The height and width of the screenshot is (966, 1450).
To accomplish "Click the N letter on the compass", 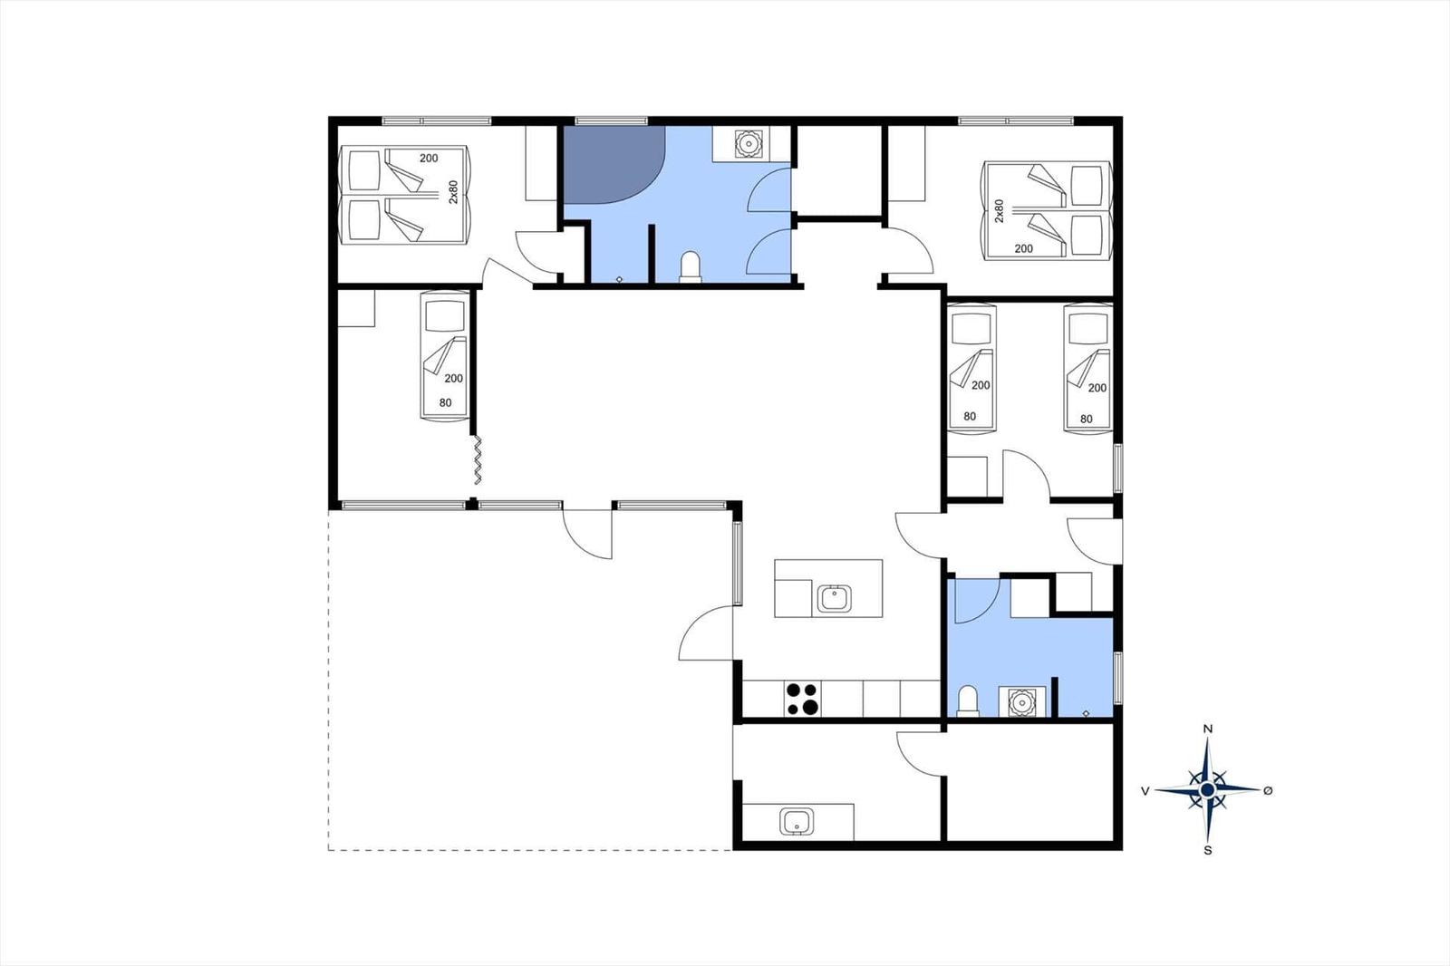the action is coord(1207,729).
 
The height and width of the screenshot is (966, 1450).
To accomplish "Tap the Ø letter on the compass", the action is coord(1268,790).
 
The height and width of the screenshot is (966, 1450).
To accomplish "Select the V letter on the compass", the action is coord(1145,790).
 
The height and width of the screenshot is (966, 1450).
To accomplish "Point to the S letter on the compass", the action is coord(1207,851).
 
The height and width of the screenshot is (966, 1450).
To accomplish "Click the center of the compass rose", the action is coord(1206,790).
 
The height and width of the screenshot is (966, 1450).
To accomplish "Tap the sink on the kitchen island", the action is coord(834,598).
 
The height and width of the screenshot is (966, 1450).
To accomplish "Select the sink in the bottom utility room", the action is coord(797,822).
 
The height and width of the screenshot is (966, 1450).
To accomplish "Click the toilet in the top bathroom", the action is coord(690,266).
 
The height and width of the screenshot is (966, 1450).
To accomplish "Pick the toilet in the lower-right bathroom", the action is coord(968,701).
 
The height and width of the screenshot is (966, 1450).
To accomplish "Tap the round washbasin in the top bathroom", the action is coord(749,144).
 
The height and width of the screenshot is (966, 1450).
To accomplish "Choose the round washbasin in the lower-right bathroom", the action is coord(1022,702).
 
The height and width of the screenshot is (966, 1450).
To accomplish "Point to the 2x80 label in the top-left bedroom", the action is coord(453,192).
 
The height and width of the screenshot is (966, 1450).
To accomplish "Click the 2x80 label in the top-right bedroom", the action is coord(999,211).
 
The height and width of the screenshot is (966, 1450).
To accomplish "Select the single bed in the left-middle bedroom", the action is coord(445,356).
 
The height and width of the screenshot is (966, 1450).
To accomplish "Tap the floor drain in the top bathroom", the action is coord(620,279).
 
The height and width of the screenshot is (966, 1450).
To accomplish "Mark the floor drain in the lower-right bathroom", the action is coord(1086,713).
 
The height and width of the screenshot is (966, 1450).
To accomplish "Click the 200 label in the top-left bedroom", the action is coord(429,158).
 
